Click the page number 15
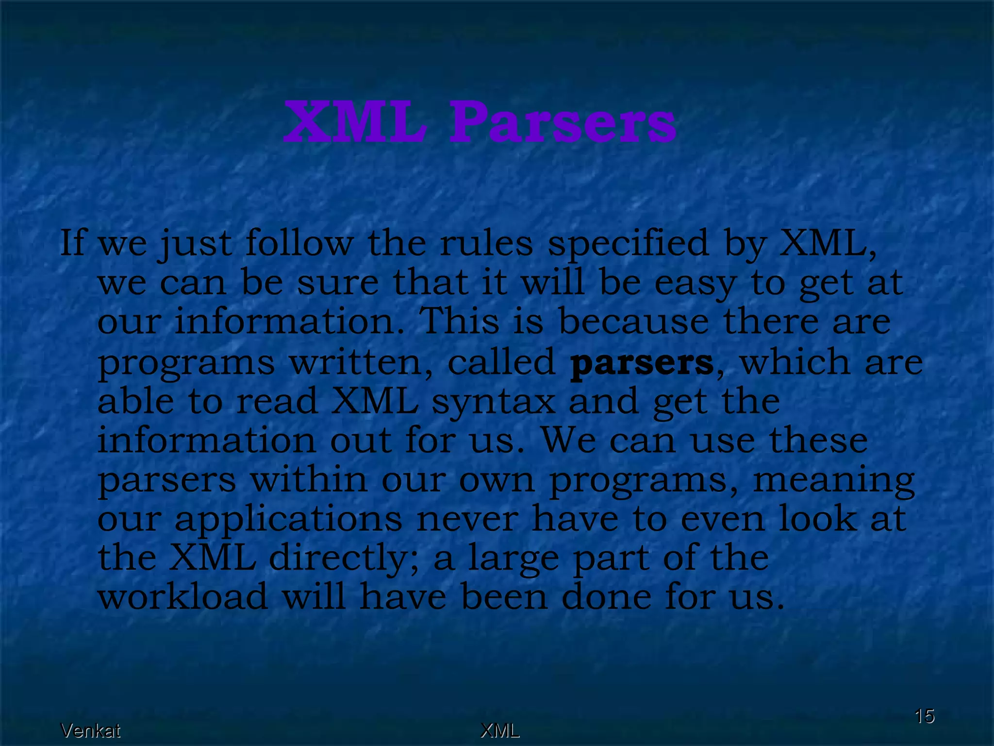point(924,716)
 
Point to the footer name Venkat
point(90,730)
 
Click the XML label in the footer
point(499,730)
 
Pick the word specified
point(628,244)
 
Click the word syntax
point(493,402)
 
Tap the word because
point(633,322)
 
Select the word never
point(467,519)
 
